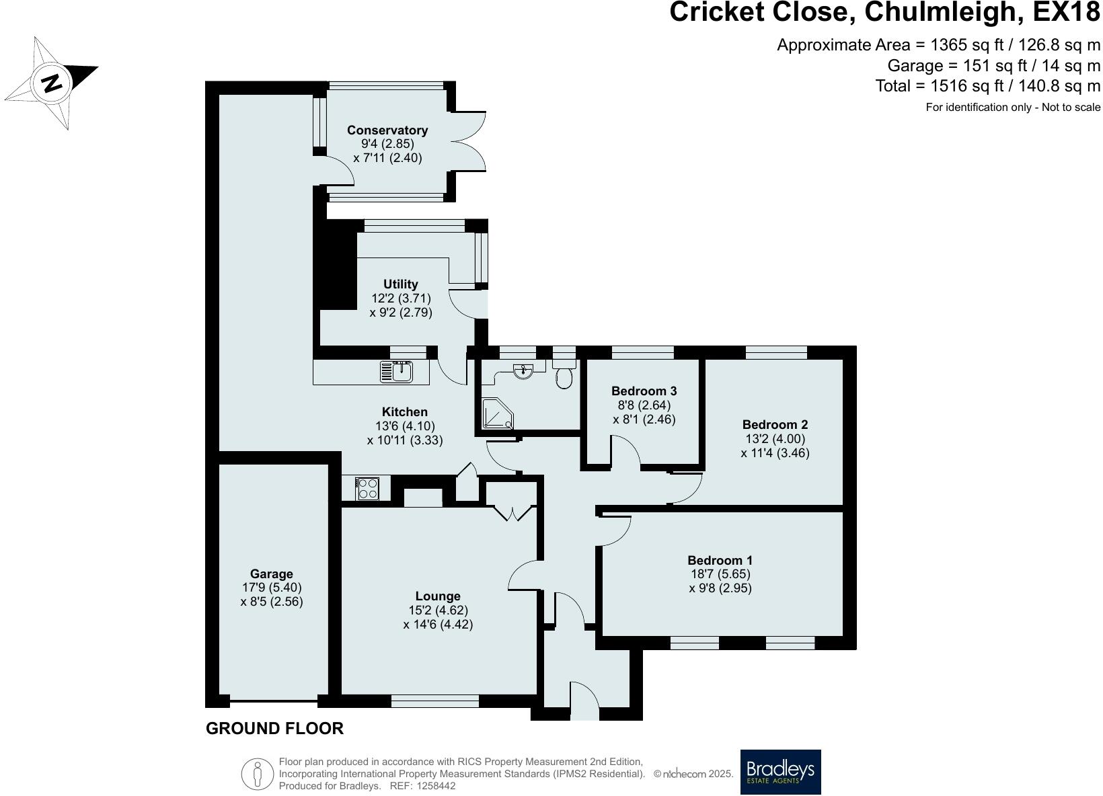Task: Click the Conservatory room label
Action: tap(387, 130)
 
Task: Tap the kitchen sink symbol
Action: tap(396, 372)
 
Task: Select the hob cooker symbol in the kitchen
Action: tap(367, 489)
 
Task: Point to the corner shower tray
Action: tap(498, 413)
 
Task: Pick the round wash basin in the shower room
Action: tap(523, 371)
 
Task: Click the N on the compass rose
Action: tap(52, 83)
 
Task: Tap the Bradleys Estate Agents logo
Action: tap(780, 771)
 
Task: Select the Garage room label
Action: tap(271, 573)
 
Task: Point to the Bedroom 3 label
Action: tap(644, 391)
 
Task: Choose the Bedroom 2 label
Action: tap(775, 424)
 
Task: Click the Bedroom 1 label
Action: tap(720, 560)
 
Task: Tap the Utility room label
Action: tap(400, 284)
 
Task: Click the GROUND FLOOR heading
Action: tap(274, 729)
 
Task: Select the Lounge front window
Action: tap(434, 701)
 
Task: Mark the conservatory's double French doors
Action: tap(468, 141)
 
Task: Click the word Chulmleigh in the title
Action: tap(942, 13)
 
